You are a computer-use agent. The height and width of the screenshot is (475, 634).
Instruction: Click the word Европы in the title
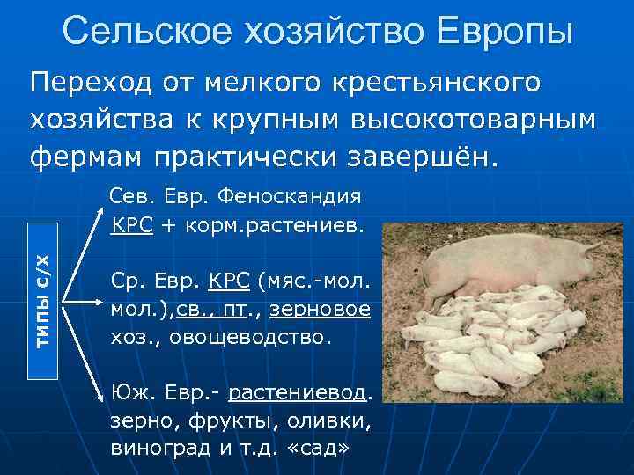pos(499,31)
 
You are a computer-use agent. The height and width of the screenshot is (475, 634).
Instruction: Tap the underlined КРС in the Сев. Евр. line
pos(133,225)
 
